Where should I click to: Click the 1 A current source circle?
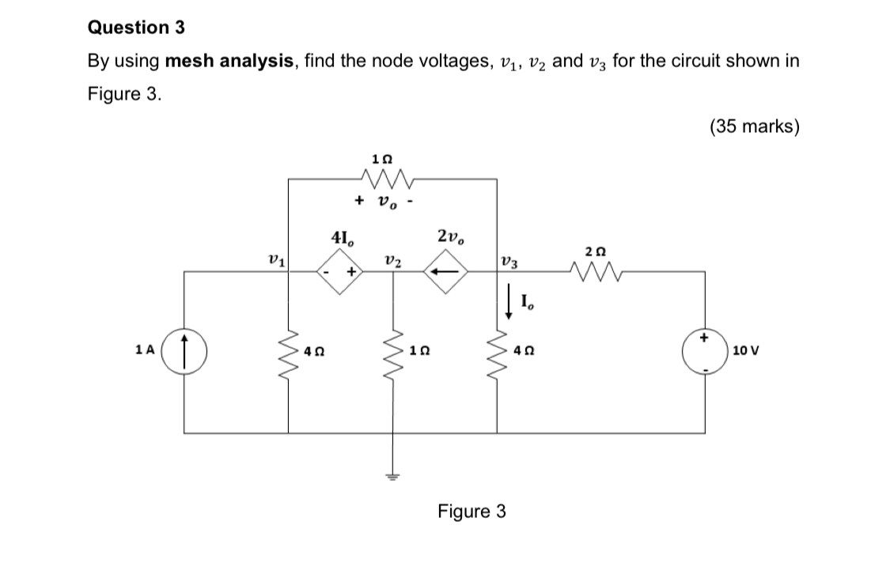click(x=184, y=349)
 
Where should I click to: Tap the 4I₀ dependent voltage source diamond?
click(x=340, y=272)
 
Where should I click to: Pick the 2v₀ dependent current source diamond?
click(x=445, y=272)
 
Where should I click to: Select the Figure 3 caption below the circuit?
click(x=472, y=512)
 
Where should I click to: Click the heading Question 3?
click(x=136, y=28)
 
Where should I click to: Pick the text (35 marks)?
click(x=754, y=127)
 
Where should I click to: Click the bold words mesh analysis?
click(x=227, y=61)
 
